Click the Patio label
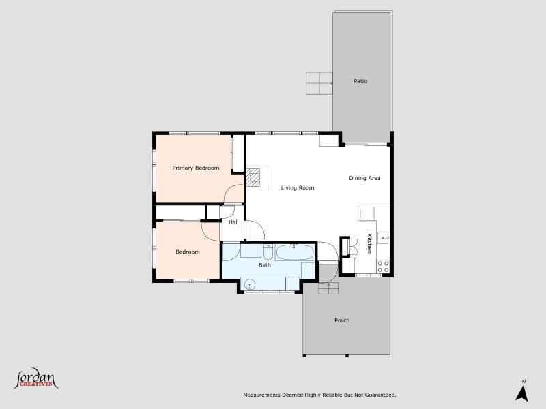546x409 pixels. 360,81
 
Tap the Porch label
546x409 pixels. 342,320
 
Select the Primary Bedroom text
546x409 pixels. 196,168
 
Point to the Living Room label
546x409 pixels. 298,188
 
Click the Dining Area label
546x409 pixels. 364,178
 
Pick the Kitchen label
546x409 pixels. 369,243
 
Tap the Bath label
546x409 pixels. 265,265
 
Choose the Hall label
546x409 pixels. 233,222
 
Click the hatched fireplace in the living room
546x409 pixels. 253,178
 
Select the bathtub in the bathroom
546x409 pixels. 296,252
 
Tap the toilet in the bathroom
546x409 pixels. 268,252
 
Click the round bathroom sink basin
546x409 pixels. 250,284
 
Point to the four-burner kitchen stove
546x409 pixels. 383,267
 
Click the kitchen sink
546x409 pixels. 384,238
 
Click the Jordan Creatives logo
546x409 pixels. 35,378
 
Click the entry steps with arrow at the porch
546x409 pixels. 328,288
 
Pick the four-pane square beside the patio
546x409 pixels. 319,83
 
